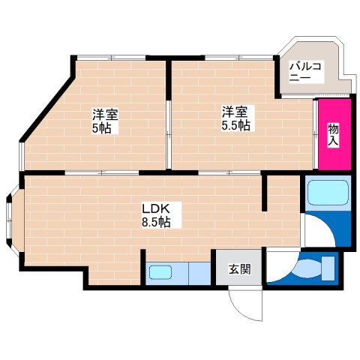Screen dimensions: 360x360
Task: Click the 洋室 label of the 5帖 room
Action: pos(104,115)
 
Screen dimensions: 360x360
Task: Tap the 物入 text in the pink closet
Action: pos(333,136)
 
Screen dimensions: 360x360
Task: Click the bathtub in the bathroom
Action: pos(326,193)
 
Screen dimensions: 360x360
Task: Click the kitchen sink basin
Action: pos(159,272)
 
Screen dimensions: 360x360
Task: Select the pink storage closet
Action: pos(332,134)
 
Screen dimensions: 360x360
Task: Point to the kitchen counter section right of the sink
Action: pos(196,272)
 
